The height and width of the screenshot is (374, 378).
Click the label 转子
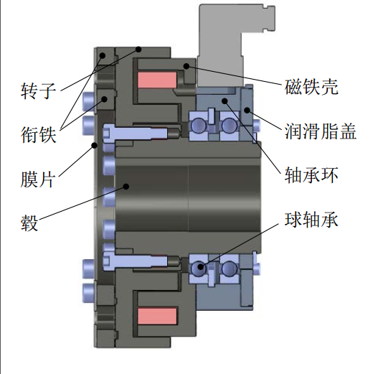tap(38, 90)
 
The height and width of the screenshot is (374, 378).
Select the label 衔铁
tap(38, 134)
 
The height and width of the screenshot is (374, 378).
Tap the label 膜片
tap(37, 179)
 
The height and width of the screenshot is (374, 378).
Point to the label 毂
tap(29, 223)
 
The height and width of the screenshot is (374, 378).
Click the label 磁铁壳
tap(311, 87)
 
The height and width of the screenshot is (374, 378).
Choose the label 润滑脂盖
tap(321, 131)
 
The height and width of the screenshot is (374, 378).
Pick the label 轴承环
tap(311, 175)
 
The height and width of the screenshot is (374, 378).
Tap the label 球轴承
tap(311, 220)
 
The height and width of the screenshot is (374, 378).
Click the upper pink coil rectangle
tap(157, 80)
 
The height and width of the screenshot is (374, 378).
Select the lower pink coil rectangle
tap(157, 316)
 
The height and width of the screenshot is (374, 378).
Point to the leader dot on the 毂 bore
tap(126, 186)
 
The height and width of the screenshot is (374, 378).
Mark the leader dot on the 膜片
tap(95, 145)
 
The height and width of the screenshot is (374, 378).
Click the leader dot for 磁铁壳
tap(186, 66)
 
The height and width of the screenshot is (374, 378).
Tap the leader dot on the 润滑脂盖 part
tap(247, 111)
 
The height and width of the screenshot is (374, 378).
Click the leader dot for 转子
tap(138, 50)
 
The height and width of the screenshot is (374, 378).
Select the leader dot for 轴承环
tap(225, 100)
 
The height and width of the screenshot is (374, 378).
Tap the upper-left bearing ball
tap(199, 125)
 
